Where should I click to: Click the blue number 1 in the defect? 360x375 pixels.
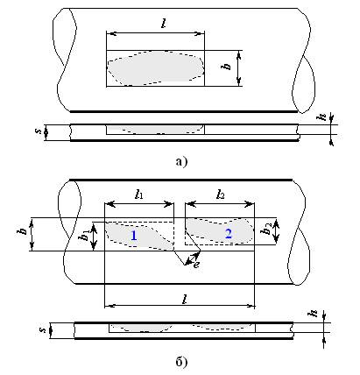coord(134,236)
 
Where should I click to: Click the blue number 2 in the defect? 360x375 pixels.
coord(229,234)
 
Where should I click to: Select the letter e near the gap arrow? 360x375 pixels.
coord(197,265)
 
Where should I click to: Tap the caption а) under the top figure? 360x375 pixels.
coord(181,161)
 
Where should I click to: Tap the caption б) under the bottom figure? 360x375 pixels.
coord(181,362)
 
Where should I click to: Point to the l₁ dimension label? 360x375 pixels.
coord(139,195)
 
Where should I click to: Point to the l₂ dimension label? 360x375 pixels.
coord(221,195)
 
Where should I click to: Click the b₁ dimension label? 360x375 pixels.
coord(85,235)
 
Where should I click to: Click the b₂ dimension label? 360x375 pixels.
coord(266,229)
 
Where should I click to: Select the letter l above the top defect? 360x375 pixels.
coord(164,24)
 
